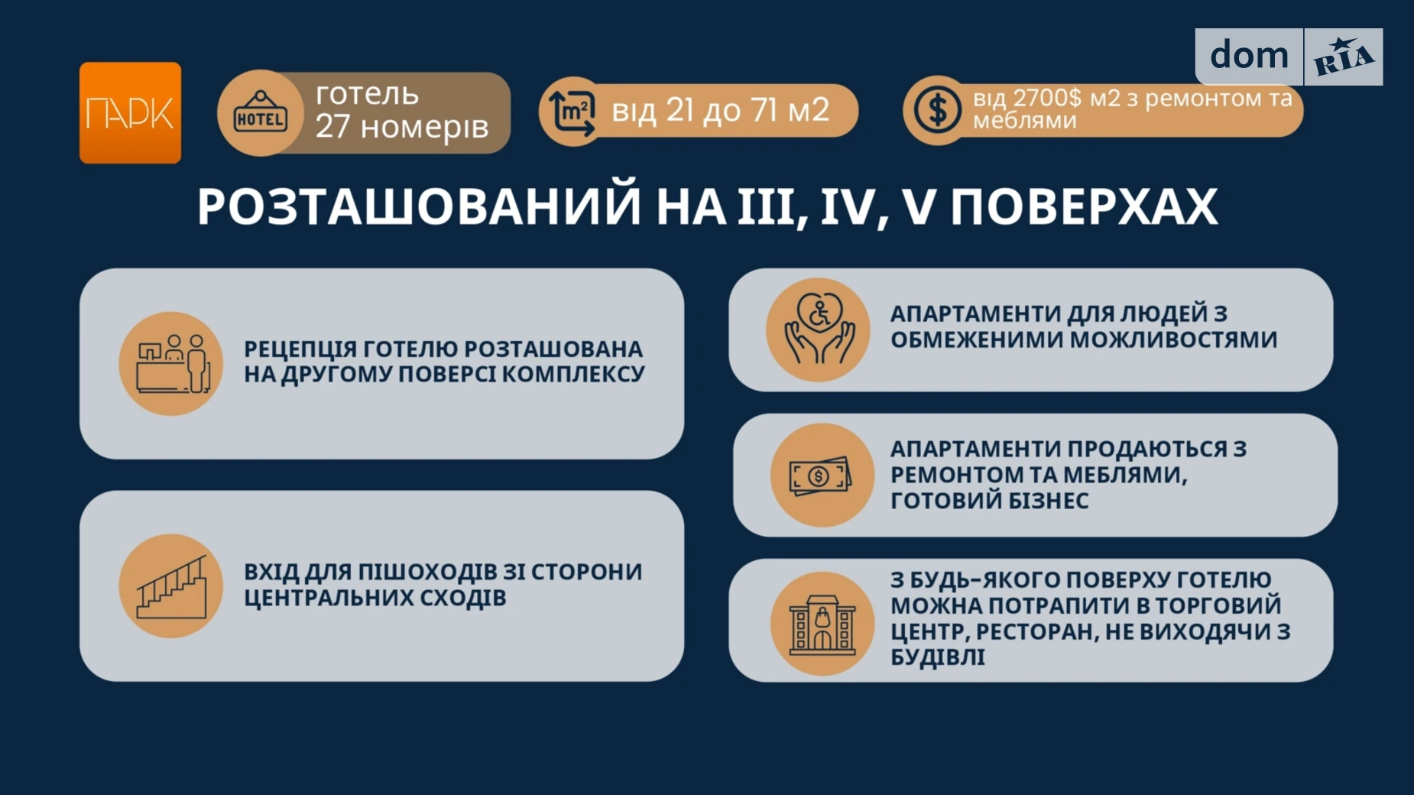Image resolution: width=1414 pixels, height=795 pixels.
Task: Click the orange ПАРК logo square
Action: coord(130,113)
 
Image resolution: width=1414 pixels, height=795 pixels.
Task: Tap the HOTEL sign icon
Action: coord(260,113)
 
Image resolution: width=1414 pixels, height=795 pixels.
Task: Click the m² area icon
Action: coord(572,112)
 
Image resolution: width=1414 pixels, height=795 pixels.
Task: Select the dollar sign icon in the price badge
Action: coord(937,110)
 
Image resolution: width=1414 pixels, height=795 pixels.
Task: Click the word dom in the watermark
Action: coord(1249,56)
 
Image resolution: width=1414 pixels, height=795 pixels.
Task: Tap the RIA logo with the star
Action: coord(1344,57)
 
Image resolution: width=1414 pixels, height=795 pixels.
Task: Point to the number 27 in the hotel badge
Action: coord(332,127)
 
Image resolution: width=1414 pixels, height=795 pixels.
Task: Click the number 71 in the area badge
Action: coord(764,111)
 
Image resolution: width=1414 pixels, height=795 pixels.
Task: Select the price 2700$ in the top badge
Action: coord(1047,99)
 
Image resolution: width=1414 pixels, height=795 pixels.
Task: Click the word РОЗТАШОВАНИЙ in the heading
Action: coord(419,206)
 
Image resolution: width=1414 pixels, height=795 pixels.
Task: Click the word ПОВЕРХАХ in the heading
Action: coord(1084,206)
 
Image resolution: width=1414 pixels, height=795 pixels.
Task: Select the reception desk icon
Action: coord(171,364)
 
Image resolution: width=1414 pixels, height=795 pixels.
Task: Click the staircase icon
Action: coord(171,586)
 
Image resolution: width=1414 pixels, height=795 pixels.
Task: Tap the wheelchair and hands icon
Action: coord(819,329)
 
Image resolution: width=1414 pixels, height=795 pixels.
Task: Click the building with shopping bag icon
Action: coord(822,624)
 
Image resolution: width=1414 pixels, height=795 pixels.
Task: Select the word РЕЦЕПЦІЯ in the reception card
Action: coord(300,349)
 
